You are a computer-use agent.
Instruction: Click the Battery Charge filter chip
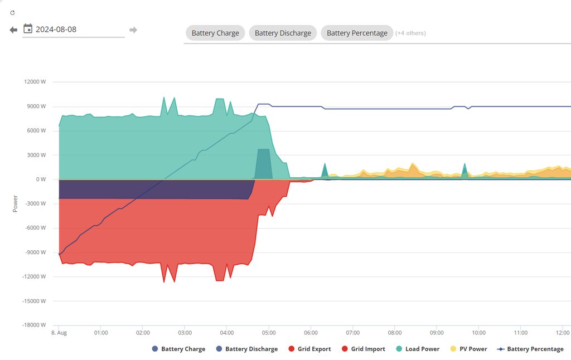215,33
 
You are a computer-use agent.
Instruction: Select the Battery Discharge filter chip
283,33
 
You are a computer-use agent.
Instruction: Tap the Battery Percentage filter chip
357,33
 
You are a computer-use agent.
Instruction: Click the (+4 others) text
410,33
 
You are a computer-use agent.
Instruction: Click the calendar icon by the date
28,29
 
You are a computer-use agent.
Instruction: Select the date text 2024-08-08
56,30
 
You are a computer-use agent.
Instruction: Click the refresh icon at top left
12,12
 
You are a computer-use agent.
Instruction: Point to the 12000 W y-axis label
35,82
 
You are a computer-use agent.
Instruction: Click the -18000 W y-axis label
33,325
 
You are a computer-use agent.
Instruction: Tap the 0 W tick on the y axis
40,179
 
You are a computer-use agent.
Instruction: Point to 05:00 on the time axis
269,333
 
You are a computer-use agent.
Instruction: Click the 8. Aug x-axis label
59,333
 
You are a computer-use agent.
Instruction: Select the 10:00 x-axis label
478,333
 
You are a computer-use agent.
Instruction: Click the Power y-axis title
15,203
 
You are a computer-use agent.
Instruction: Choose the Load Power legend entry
418,349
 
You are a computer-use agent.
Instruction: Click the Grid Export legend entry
309,349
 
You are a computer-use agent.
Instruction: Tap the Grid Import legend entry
364,349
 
